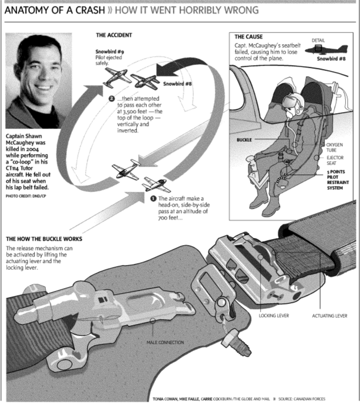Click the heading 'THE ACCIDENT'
(x=114, y=35)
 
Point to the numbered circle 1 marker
(x=153, y=198)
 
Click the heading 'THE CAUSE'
(x=248, y=36)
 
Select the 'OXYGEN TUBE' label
(x=336, y=149)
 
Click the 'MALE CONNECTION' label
(x=165, y=342)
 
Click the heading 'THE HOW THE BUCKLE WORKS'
(x=44, y=239)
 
